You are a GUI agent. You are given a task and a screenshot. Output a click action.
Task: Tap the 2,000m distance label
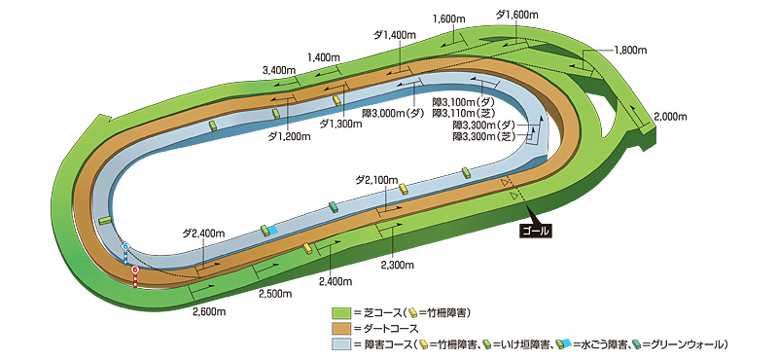coord(671,116)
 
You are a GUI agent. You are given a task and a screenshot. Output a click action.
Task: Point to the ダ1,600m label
coord(517,14)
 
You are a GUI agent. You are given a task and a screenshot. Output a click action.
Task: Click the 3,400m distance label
coord(279,69)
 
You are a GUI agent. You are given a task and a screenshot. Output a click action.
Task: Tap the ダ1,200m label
coord(289,136)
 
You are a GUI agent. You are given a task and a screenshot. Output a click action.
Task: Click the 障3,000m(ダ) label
coord(394,113)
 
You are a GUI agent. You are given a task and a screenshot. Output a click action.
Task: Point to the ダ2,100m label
coord(376,180)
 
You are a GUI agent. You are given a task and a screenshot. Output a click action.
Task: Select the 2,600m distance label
coord(211,311)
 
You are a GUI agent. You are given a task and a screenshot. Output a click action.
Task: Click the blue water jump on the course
coord(271,230)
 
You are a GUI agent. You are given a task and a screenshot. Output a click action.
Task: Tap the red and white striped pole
coord(135,276)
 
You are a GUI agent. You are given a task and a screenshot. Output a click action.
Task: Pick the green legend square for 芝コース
coord(339,312)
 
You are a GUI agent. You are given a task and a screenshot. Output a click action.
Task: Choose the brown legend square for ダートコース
coord(339,328)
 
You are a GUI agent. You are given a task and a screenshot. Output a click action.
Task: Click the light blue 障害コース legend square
coord(339,343)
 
